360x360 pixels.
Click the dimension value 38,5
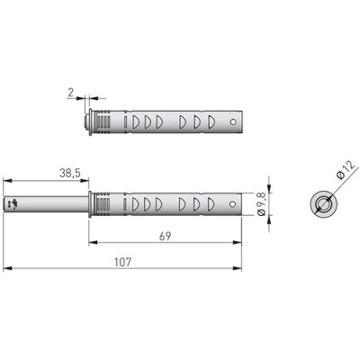[70, 173]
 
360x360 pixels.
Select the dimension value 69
[165, 236]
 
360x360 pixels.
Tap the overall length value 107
[123, 262]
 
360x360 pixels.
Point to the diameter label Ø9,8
[261, 204]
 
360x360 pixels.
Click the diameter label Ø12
[346, 170]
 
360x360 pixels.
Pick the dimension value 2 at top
[70, 92]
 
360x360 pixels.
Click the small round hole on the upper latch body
[233, 122]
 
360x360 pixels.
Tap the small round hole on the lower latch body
[232, 204]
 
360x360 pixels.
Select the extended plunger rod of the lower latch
[46, 204]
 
